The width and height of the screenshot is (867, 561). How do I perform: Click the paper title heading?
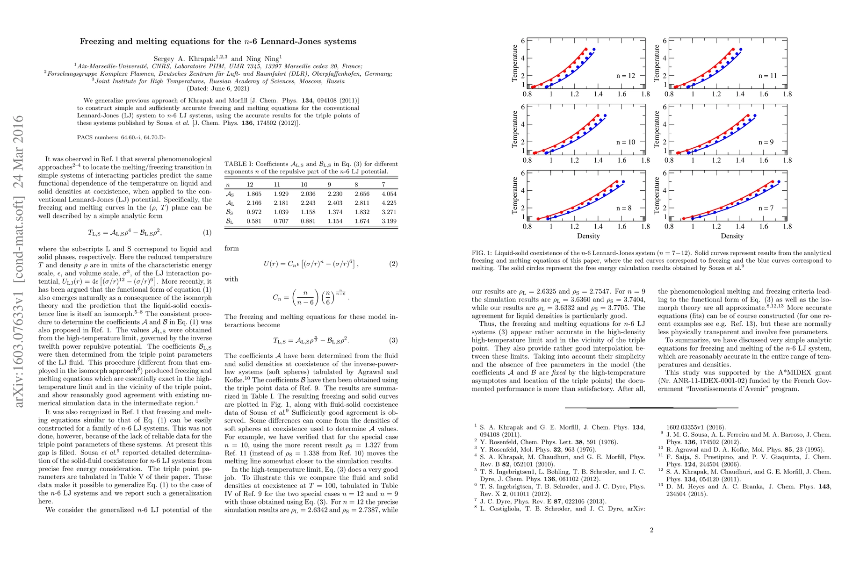[x=218, y=42]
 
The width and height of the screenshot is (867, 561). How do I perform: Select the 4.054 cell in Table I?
[x=389, y=194]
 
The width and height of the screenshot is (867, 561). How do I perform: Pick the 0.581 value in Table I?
[x=254, y=221]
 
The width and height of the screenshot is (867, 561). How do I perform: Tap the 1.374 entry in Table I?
[x=335, y=212]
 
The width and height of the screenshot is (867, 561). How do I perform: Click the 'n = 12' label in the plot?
[x=625, y=76]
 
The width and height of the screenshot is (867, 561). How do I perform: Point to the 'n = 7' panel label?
[x=766, y=209]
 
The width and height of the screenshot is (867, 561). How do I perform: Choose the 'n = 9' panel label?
[x=766, y=142]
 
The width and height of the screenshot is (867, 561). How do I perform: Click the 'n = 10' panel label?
[x=625, y=142]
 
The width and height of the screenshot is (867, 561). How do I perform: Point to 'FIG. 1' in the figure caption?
[x=481, y=253]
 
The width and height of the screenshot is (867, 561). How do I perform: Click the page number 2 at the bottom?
[x=651, y=530]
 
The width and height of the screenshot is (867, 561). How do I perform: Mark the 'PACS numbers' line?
[x=121, y=137]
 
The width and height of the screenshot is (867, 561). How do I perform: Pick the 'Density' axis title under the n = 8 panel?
[x=588, y=236]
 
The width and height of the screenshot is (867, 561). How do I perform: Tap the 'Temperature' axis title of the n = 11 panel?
[x=657, y=63]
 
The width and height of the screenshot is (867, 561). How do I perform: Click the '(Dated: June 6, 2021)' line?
[x=218, y=88]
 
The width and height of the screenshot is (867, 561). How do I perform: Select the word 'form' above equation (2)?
[x=231, y=248]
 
